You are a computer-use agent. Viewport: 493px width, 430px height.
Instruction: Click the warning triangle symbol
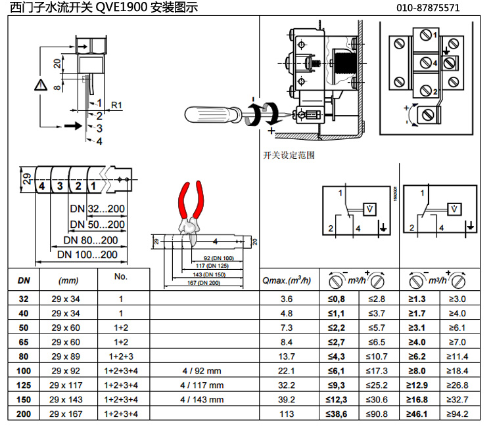41,85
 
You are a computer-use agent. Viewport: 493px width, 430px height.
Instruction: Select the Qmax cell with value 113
287,414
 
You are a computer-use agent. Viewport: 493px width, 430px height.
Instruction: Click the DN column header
24,280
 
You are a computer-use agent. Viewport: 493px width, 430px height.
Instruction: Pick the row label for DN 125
24,385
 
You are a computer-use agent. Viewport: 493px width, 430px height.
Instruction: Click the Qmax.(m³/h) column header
286,280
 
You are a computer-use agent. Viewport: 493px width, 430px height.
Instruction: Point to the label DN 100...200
87,254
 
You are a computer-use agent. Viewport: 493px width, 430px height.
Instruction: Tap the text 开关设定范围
289,156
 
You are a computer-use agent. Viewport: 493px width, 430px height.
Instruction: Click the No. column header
120,276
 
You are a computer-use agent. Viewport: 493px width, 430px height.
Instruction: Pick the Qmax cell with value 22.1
287,370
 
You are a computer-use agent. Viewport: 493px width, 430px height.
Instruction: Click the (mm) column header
68,280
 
